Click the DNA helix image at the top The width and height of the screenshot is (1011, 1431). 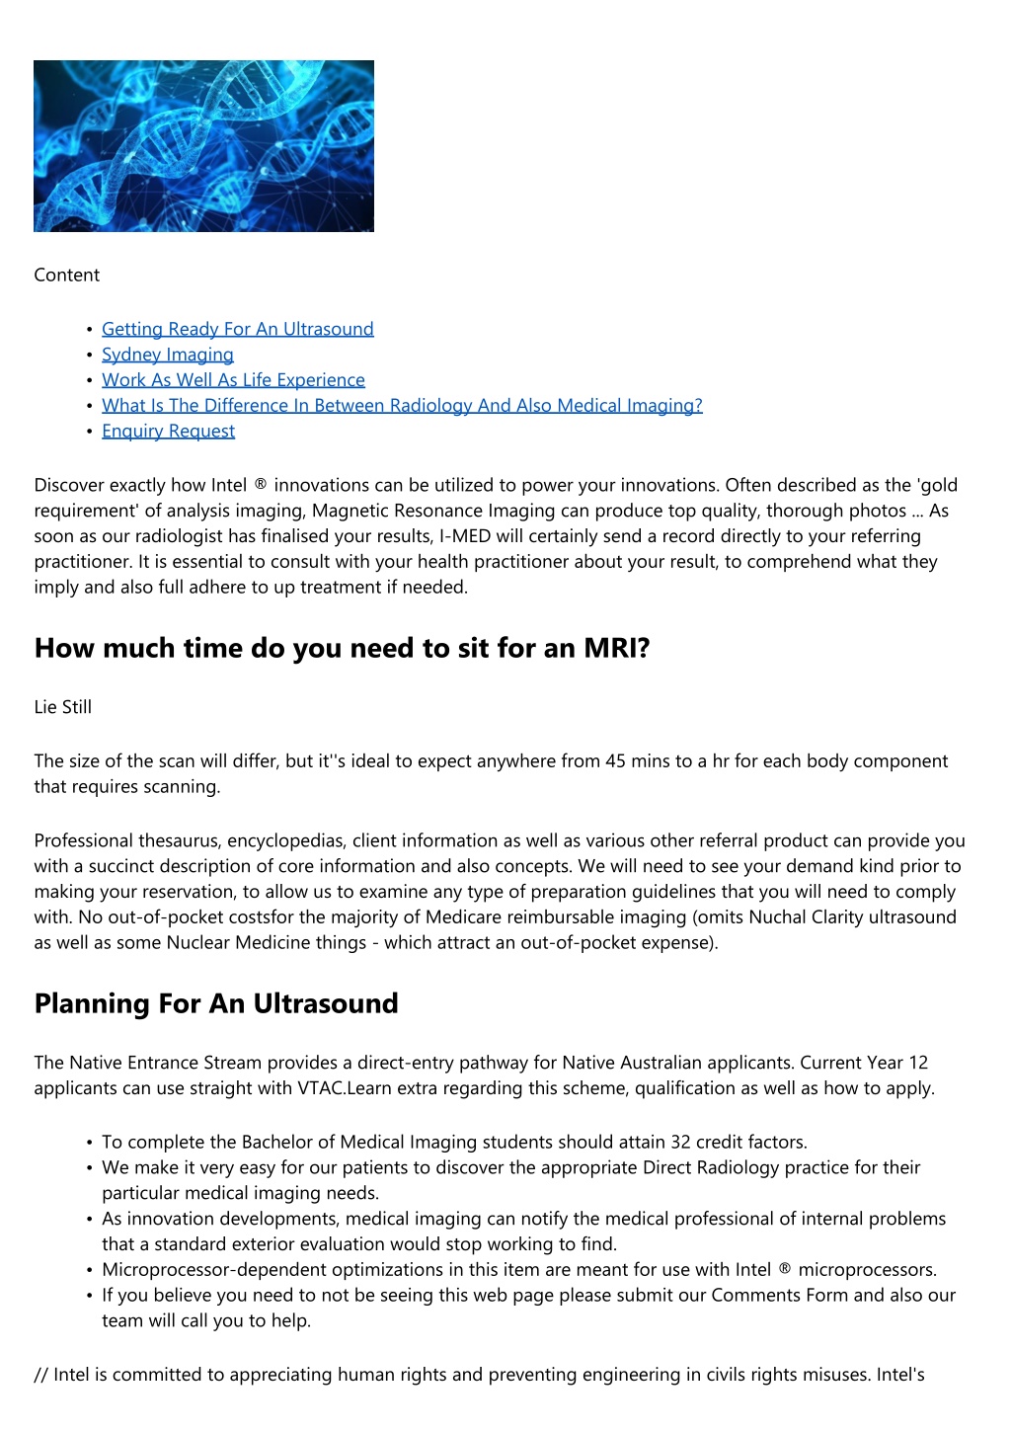(203, 146)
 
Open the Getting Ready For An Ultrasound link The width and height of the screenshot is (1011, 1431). (237, 329)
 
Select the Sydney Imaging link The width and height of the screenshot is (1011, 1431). (168, 355)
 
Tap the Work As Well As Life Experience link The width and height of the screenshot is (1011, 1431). (233, 380)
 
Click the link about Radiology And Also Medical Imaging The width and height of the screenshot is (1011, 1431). (402, 406)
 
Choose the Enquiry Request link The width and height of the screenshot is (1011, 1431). (168, 432)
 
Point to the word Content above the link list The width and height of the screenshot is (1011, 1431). (66, 276)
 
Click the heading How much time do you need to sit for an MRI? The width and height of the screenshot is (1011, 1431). (342, 649)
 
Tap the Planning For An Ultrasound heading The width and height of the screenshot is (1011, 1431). (216, 1003)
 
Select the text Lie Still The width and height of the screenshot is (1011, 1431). (62, 707)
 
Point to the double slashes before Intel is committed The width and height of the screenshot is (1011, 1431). (40, 1375)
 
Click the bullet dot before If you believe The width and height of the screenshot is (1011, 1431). (90, 1296)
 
